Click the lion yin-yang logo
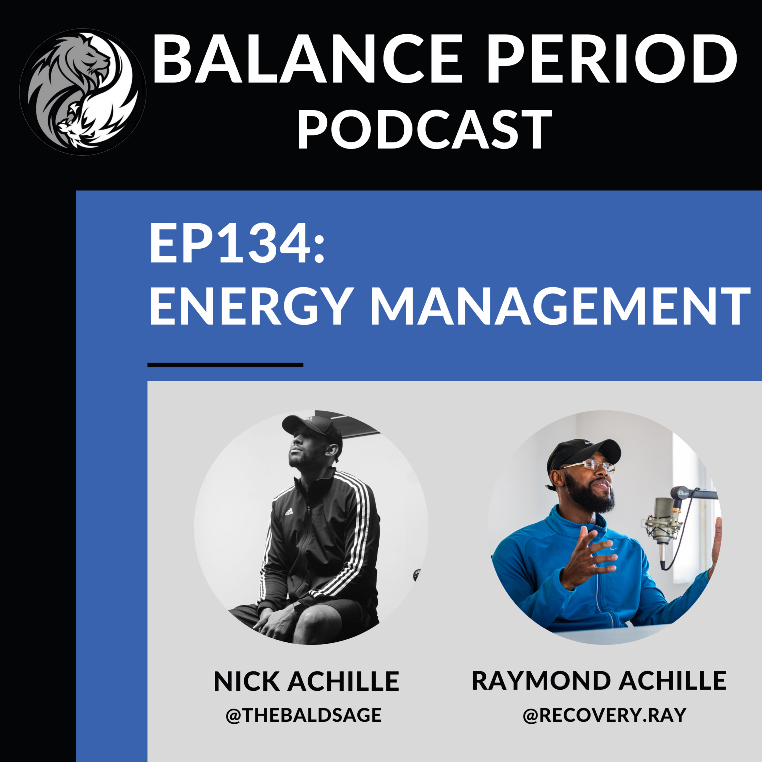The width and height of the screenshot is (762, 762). pos(83,91)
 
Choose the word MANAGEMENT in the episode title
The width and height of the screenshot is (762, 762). pos(560,306)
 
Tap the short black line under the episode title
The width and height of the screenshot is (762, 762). pos(225,365)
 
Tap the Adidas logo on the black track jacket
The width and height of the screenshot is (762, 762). pos(289,512)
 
